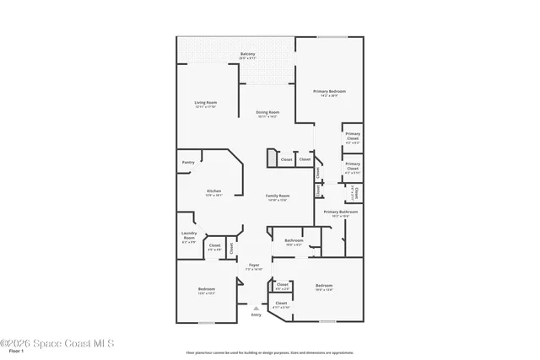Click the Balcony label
(x=247, y=54)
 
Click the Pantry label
(x=188, y=162)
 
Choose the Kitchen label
(x=214, y=191)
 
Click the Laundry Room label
(x=188, y=238)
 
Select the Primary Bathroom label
(x=340, y=212)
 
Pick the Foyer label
(x=253, y=266)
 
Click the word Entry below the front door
(x=256, y=314)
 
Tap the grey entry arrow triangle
(x=256, y=308)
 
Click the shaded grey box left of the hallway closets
(x=272, y=158)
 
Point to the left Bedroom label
(x=207, y=290)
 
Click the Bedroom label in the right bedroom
(x=324, y=286)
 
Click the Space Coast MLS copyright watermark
(x=57, y=343)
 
